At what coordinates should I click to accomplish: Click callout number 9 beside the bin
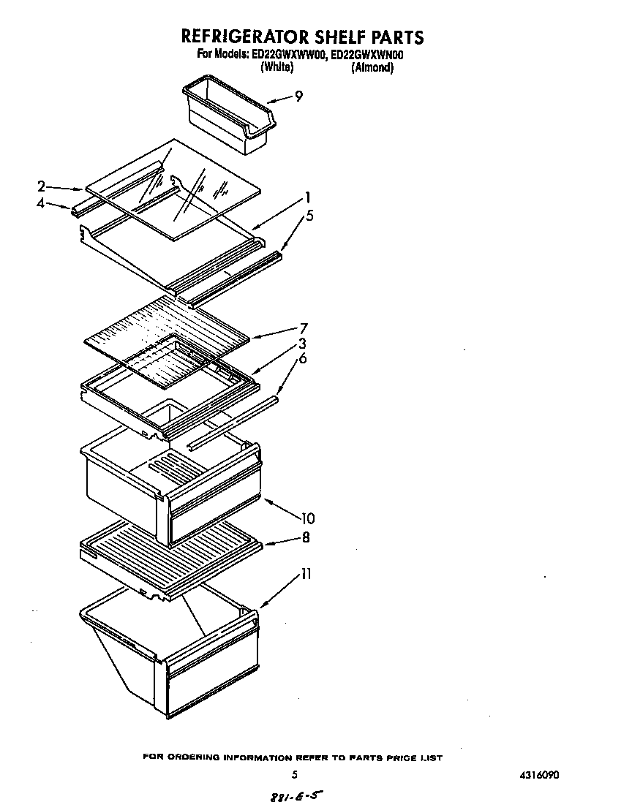click(298, 97)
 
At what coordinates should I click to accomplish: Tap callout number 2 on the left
click(42, 186)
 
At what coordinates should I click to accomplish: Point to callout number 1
click(308, 197)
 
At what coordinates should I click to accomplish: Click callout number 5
click(309, 216)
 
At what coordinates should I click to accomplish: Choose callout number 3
click(302, 343)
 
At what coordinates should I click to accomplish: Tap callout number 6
click(302, 358)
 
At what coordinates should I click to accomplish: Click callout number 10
click(307, 518)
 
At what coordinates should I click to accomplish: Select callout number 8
click(305, 537)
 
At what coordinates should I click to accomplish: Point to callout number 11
click(305, 575)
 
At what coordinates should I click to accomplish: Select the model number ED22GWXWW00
click(285, 55)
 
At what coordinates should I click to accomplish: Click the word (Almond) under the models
click(372, 67)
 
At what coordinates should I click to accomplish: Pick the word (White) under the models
click(277, 67)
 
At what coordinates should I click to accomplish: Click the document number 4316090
click(541, 774)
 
